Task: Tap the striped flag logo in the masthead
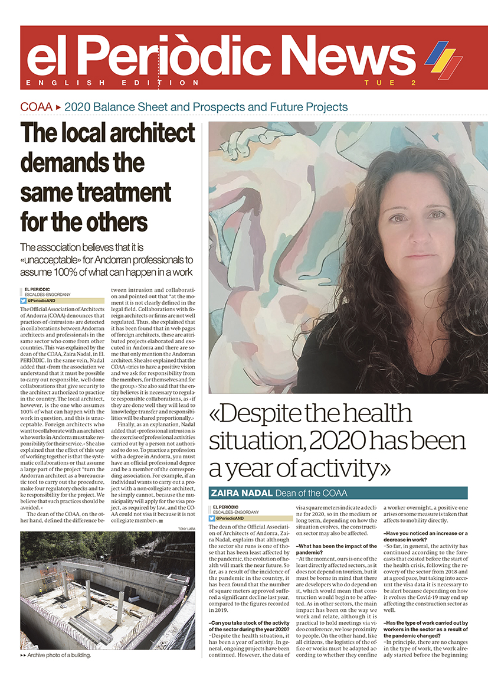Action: pos(443,59)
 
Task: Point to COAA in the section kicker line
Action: pos(36,107)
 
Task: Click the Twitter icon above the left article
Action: pos(24,301)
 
